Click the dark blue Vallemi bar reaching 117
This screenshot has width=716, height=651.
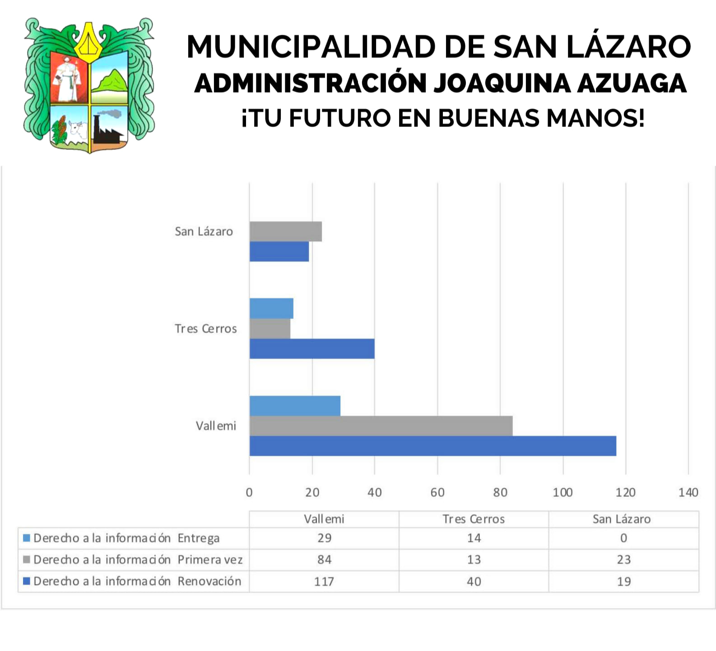pyautogui.click(x=432, y=446)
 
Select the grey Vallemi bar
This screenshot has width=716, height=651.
pyautogui.click(x=381, y=426)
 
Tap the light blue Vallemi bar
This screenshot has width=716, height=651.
pyautogui.click(x=295, y=406)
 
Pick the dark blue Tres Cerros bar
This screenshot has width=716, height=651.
pyautogui.click(x=312, y=349)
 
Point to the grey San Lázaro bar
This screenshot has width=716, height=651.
pyautogui.click(x=285, y=231)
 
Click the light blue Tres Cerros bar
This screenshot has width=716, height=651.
pyautogui.click(x=271, y=308)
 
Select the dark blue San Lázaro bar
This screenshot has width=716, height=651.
pyautogui.click(x=279, y=252)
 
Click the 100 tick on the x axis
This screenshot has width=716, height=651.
pyautogui.click(x=563, y=492)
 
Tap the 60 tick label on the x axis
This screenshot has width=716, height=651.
pyautogui.click(x=437, y=492)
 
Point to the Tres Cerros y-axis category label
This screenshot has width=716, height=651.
pyautogui.click(x=205, y=328)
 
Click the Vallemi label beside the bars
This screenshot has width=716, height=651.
pyautogui.click(x=216, y=426)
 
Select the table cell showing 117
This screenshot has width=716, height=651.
pyautogui.click(x=324, y=581)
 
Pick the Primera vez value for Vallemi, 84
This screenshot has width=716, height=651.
pyautogui.click(x=324, y=560)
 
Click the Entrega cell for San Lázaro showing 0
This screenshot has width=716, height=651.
pyautogui.click(x=623, y=538)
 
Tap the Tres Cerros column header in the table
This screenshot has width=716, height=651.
pyautogui.click(x=474, y=519)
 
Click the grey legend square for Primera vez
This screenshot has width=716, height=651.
pyautogui.click(x=27, y=560)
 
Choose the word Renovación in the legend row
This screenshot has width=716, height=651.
pyautogui.click(x=209, y=581)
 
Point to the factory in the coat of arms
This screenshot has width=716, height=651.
pyautogui.click(x=108, y=129)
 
